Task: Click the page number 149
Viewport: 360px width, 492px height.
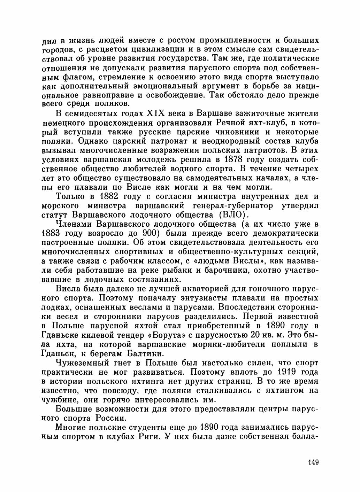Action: coord(313,463)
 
